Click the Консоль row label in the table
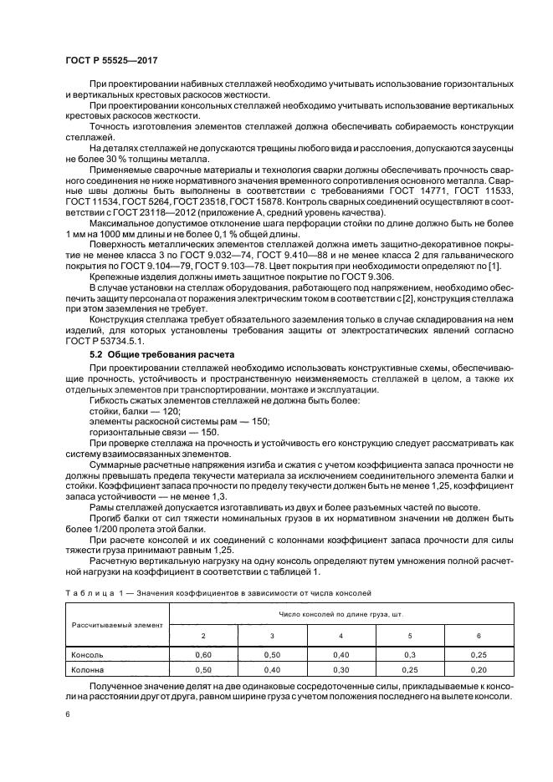coord(88,655)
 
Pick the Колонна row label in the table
coord(88,669)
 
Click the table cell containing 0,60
coord(202,655)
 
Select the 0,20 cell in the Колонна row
coord(478,669)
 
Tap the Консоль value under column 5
coord(409,655)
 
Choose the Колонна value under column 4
coord(341,669)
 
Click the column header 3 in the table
coord(271,636)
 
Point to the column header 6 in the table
coord(478,636)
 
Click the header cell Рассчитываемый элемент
coord(116,624)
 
